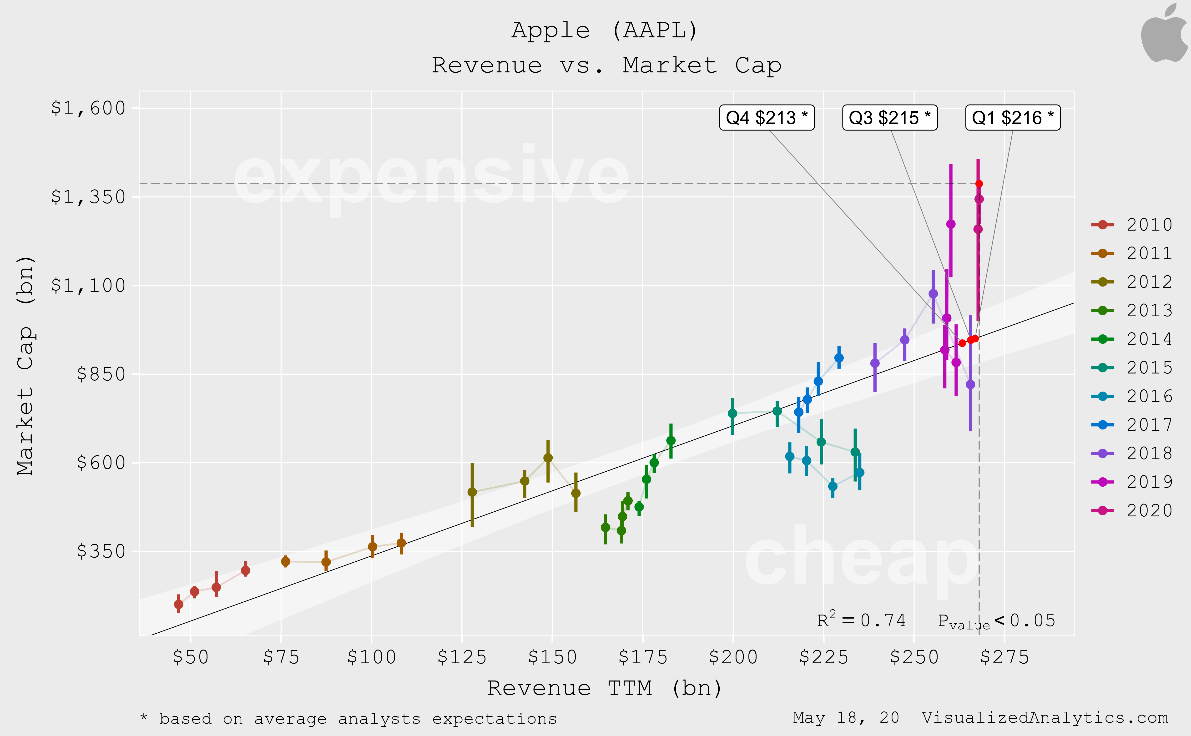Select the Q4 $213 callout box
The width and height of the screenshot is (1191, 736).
tap(767, 118)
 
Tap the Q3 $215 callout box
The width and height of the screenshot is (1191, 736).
tap(890, 118)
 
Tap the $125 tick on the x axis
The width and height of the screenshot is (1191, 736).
tap(462, 657)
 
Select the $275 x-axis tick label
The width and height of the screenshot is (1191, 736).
tap(1004, 657)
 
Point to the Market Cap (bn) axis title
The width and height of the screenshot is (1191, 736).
tap(25, 365)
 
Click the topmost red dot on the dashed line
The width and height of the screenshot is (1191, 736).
tap(979, 183)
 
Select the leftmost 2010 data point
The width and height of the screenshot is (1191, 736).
tap(179, 605)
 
